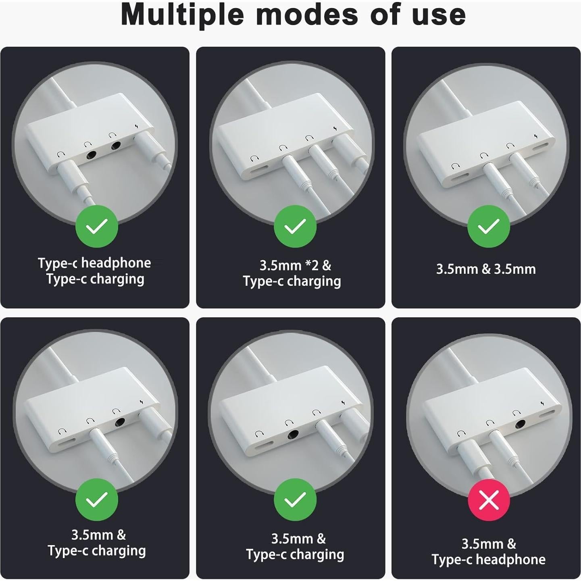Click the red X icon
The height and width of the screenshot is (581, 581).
(x=489, y=500)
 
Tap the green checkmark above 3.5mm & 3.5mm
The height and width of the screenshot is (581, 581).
(x=489, y=227)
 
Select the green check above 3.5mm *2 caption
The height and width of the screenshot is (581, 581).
(x=295, y=227)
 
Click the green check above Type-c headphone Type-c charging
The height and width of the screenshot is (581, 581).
(x=97, y=227)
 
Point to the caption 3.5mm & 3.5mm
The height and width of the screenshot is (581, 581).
(x=486, y=269)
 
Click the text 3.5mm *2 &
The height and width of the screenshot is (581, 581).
(x=295, y=265)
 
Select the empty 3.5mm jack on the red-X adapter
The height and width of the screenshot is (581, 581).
(x=521, y=424)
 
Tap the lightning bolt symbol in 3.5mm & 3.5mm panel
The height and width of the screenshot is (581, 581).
(x=535, y=137)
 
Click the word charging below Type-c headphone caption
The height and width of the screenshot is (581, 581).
(x=117, y=279)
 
